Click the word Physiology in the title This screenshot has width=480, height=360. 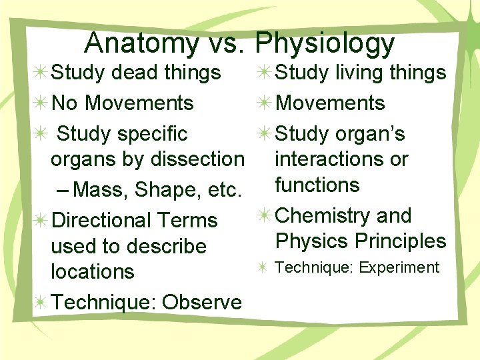325,44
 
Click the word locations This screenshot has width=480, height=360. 93,271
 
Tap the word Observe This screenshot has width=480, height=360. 203,302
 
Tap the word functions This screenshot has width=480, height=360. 317,185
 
